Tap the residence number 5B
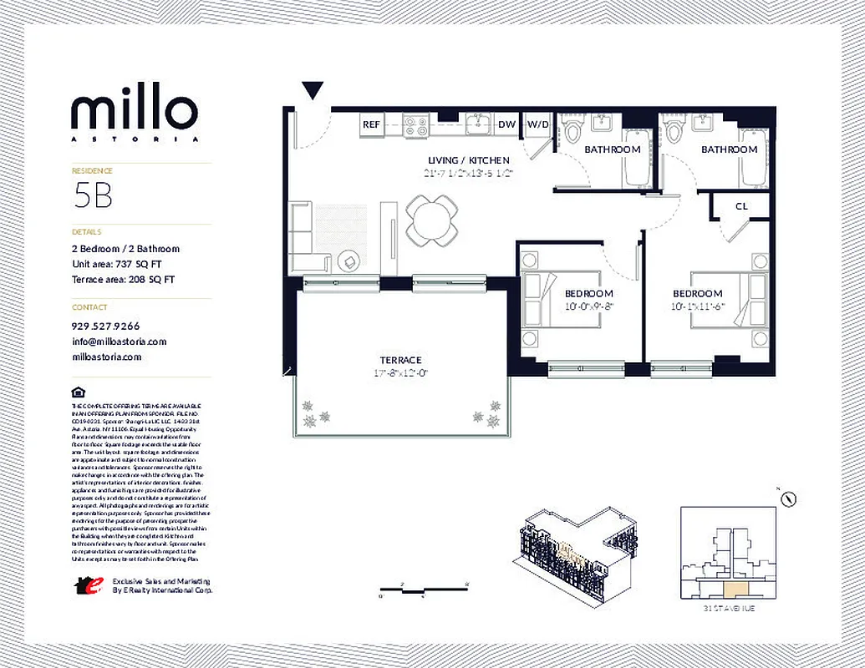[x=93, y=195]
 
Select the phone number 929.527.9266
[x=106, y=326]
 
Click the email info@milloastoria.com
[x=120, y=342]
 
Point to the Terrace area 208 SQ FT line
[x=124, y=280]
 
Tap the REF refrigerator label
[x=371, y=125]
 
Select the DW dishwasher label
[x=506, y=125]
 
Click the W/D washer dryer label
[x=537, y=125]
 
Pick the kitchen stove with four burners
[x=415, y=125]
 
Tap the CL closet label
[x=741, y=206]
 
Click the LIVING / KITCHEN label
[x=468, y=160]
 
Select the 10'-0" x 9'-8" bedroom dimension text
[x=588, y=306]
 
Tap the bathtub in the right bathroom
[x=750, y=157]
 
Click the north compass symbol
[x=786, y=498]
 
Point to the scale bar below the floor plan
[x=424, y=590]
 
